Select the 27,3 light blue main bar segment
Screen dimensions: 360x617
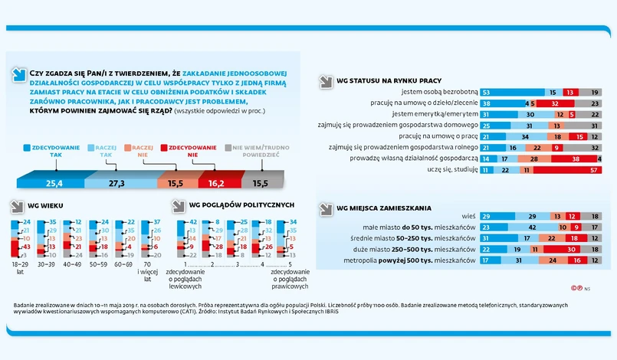[117, 183]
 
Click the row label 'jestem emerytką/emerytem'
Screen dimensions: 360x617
[435, 113]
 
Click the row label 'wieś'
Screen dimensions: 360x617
[470, 217]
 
